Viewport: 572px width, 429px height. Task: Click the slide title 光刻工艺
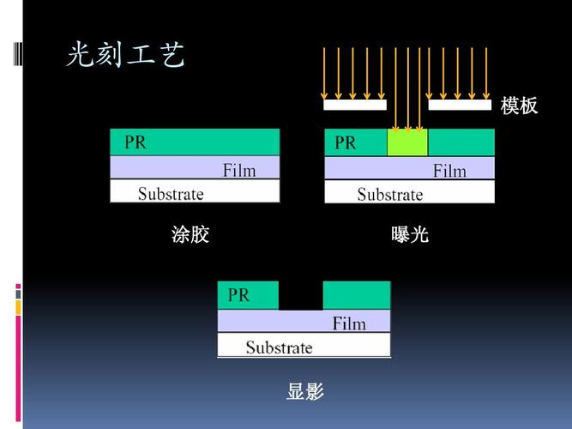pyautogui.click(x=125, y=54)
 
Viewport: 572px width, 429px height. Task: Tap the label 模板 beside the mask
pyautogui.click(x=519, y=106)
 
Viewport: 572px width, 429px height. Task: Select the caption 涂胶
pyautogui.click(x=190, y=234)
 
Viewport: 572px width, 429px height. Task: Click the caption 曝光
pyautogui.click(x=410, y=234)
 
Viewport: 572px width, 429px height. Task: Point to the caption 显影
pyautogui.click(x=305, y=391)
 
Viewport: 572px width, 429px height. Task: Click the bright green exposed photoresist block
pyautogui.click(x=407, y=142)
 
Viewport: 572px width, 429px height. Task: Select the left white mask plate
pyautogui.click(x=355, y=105)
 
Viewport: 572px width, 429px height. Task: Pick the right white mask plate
pyautogui.click(x=460, y=105)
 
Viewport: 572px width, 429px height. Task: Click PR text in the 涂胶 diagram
pyautogui.click(x=135, y=142)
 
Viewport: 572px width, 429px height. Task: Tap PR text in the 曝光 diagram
pyautogui.click(x=345, y=142)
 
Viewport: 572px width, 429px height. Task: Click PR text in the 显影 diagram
pyautogui.click(x=238, y=295)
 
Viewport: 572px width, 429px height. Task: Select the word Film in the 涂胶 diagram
pyautogui.click(x=239, y=171)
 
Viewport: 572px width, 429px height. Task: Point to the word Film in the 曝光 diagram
pyautogui.click(x=449, y=171)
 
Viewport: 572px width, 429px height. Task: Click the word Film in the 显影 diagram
pyautogui.click(x=349, y=323)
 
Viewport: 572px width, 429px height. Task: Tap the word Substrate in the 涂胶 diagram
pyautogui.click(x=171, y=194)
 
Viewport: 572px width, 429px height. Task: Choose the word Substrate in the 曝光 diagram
pyautogui.click(x=390, y=194)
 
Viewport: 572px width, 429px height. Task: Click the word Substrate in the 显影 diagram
pyautogui.click(x=279, y=347)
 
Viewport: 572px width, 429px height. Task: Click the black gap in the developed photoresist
pyautogui.click(x=301, y=295)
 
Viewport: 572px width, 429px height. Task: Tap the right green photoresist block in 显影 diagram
pyautogui.click(x=357, y=295)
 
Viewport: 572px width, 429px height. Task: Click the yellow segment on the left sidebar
pyautogui.click(x=18, y=308)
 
